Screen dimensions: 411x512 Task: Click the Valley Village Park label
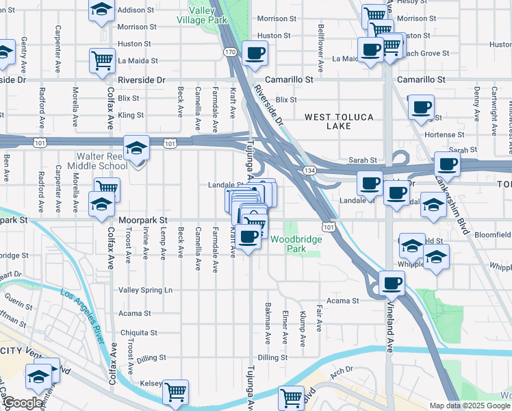pyautogui.click(x=207, y=16)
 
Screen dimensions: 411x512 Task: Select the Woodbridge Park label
pyautogui.click(x=297, y=244)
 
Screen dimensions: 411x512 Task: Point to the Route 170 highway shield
pyautogui.click(x=230, y=52)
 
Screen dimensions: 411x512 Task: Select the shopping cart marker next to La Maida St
pyautogui.click(x=102, y=60)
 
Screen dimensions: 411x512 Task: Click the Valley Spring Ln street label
pyautogui.click(x=145, y=290)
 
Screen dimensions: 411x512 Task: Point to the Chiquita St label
pyautogui.click(x=139, y=334)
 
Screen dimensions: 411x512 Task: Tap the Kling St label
pyautogui.click(x=131, y=116)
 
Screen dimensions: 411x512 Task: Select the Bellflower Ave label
pyautogui.click(x=320, y=49)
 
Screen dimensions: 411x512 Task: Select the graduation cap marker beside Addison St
pyautogui.click(x=101, y=10)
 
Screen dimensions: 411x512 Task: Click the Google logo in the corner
pyautogui.click(x=23, y=403)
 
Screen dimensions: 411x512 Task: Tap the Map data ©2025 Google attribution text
pyautogui.click(x=469, y=406)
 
